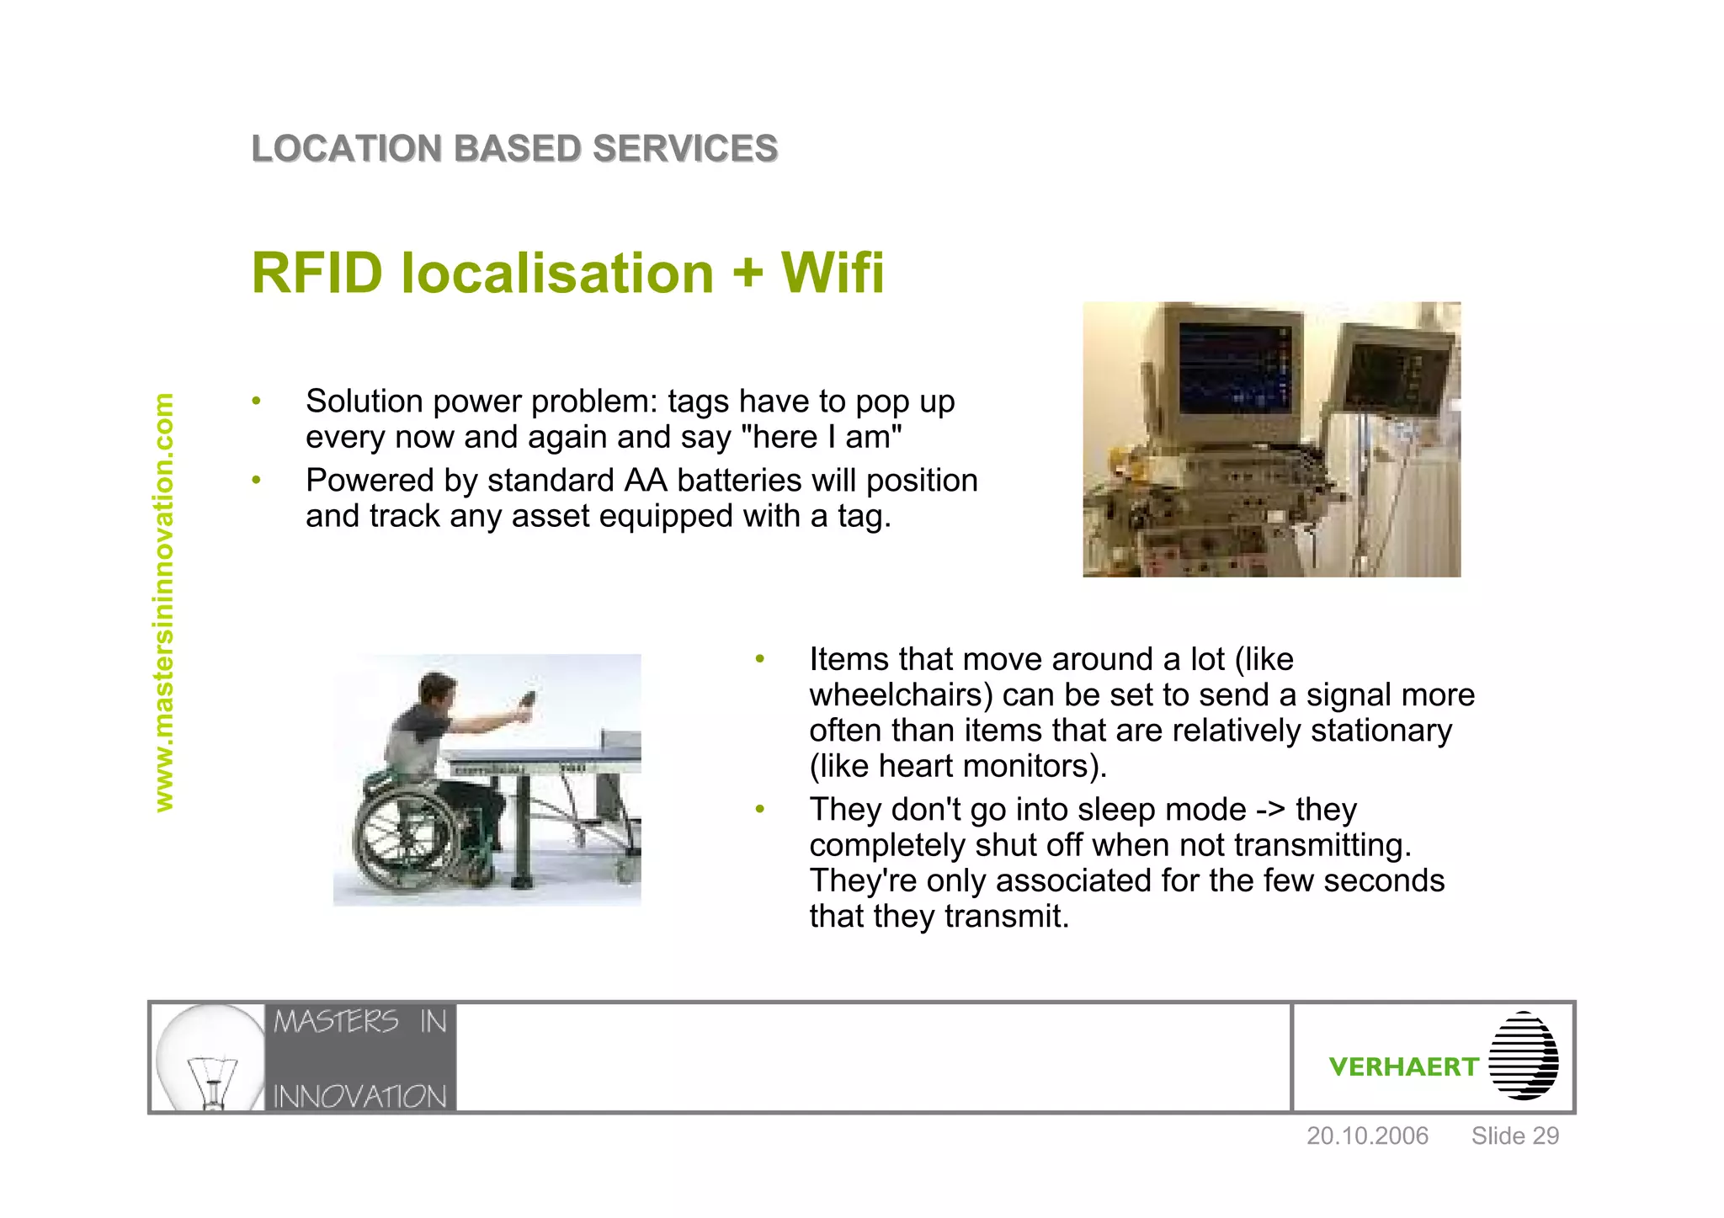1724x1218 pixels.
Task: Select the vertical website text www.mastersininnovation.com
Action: click(163, 603)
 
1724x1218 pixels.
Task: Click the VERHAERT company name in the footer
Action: click(1403, 1066)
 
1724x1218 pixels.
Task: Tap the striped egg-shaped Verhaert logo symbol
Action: click(1523, 1056)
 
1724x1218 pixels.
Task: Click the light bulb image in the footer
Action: click(210, 1057)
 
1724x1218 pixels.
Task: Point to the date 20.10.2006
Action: click(1367, 1136)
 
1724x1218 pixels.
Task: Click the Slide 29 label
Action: click(1514, 1136)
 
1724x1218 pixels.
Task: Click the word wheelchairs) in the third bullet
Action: click(901, 695)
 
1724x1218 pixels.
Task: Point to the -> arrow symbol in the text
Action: click(1270, 810)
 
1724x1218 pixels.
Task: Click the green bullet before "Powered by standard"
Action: click(256, 481)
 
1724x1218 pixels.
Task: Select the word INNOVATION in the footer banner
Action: click(359, 1096)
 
